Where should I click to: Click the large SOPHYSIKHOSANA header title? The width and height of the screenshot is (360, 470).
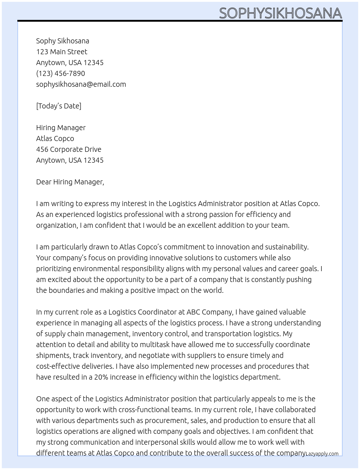(280, 13)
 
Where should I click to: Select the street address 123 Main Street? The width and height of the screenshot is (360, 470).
(62, 52)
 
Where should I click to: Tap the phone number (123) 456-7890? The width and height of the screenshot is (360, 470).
(60, 73)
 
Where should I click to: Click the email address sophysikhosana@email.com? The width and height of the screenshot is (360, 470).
(81, 84)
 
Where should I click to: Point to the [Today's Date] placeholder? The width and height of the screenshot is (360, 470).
(59, 106)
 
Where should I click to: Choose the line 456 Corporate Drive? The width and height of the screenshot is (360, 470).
(69, 149)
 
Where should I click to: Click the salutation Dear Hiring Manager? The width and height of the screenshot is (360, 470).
(70, 182)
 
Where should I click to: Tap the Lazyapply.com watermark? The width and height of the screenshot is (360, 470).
(322, 454)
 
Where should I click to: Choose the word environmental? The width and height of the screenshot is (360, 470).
(96, 269)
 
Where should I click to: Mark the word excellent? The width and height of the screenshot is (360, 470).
(208, 225)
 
